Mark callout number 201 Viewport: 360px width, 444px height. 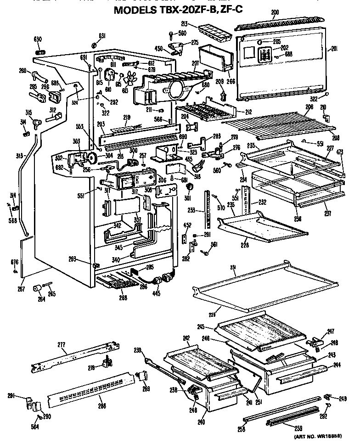coord(334,50)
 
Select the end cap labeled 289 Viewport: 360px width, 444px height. coord(143,377)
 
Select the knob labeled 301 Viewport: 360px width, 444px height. coord(187,187)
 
